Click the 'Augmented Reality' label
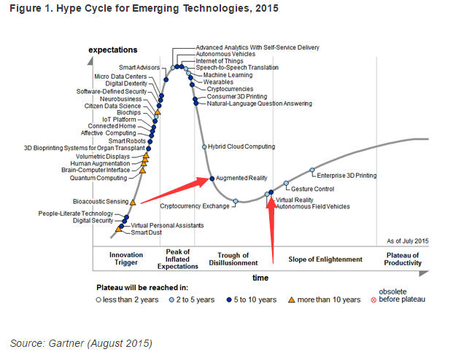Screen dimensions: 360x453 242,179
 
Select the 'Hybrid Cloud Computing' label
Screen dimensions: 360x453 241,146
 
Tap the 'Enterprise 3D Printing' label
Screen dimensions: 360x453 346,176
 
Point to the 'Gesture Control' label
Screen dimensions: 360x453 312,189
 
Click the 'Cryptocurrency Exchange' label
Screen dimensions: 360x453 201,206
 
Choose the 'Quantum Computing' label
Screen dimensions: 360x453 98,178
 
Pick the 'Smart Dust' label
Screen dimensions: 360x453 145,232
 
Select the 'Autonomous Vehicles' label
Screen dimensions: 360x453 225,55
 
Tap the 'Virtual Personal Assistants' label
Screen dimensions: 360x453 167,226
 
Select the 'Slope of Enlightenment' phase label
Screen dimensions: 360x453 325,259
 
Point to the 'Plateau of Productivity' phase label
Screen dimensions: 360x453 402,259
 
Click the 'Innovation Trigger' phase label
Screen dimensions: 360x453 126,259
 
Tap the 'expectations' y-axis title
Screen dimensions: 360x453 112,50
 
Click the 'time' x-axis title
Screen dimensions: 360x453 260,278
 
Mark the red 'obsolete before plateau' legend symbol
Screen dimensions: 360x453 373,300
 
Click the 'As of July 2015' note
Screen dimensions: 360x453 407,240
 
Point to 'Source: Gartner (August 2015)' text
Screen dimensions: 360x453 81,343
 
